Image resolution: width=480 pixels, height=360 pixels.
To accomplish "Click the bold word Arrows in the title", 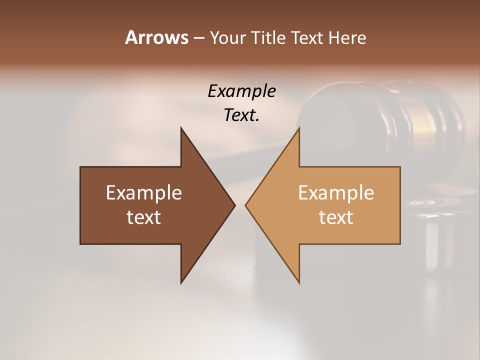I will pyautogui.click(x=156, y=37).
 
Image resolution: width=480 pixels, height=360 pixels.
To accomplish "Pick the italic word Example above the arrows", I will pyautogui.click(x=241, y=91).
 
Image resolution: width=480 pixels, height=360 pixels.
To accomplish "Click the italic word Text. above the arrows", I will pyautogui.click(x=241, y=115).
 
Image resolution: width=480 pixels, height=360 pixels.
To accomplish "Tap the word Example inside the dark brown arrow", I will pyautogui.click(x=144, y=193).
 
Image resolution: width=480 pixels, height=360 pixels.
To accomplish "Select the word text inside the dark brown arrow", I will pyautogui.click(x=144, y=217).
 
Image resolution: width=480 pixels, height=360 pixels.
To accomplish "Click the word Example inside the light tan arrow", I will pyautogui.click(x=336, y=193).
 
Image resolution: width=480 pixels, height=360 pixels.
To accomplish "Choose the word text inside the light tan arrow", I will pyautogui.click(x=336, y=217).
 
